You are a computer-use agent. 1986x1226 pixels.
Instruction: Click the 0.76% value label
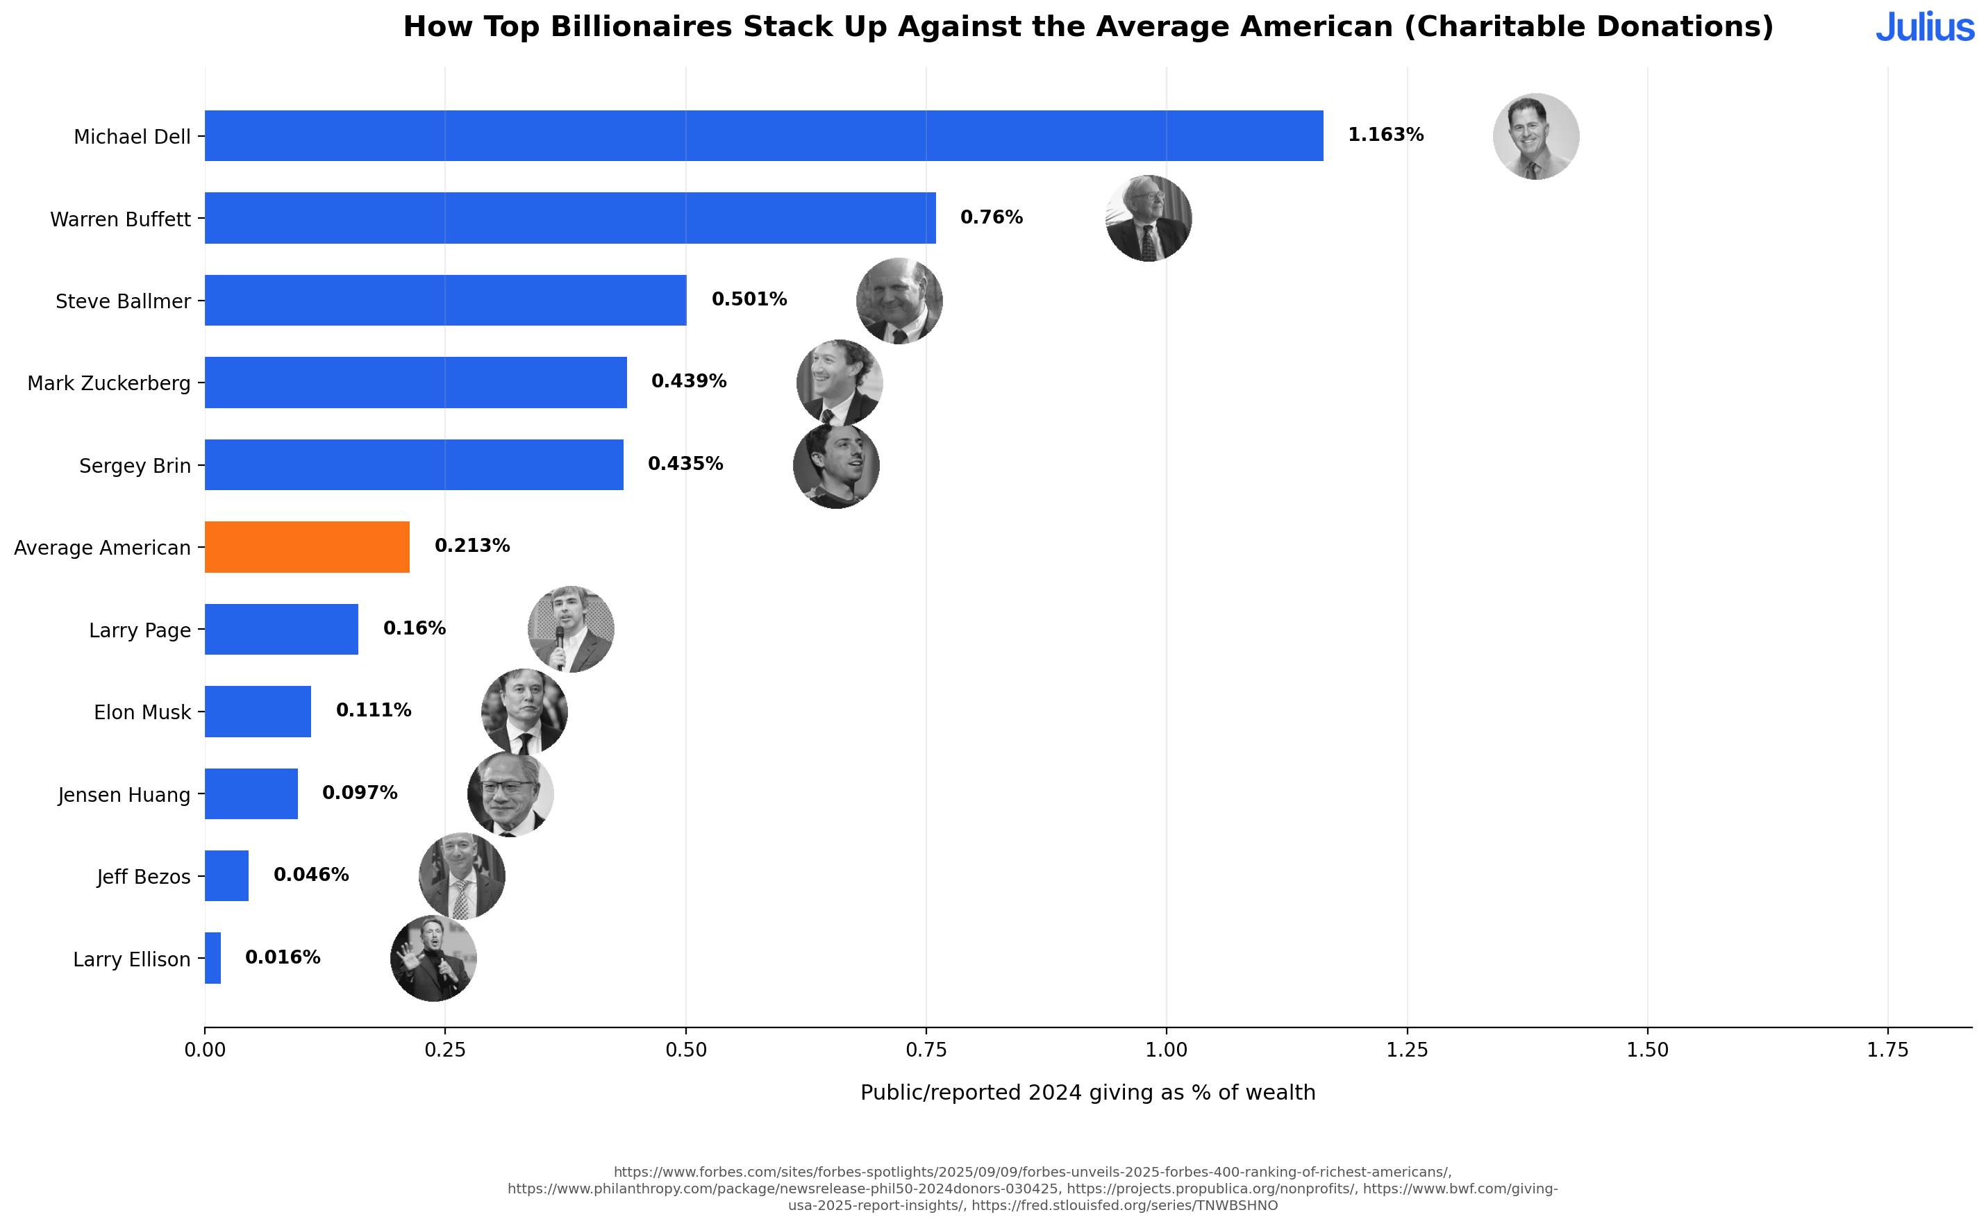click(x=991, y=217)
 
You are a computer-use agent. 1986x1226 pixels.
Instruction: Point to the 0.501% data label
click(x=749, y=299)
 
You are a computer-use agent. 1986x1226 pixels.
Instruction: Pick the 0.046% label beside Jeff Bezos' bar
click(x=310, y=874)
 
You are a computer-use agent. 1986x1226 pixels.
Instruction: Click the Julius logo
click(x=1924, y=28)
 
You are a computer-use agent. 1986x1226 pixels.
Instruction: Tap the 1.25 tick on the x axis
click(x=1406, y=1050)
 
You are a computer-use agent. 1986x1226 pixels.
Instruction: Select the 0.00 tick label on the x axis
click(x=204, y=1050)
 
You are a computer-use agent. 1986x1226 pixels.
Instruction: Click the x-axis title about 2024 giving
click(x=1087, y=1092)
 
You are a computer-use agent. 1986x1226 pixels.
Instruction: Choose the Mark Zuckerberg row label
click(x=108, y=383)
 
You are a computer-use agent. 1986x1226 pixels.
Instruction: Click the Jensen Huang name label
click(x=124, y=795)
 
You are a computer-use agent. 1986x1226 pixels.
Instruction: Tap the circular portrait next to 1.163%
click(x=1535, y=136)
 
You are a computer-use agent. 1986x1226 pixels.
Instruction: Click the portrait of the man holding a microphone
click(x=570, y=629)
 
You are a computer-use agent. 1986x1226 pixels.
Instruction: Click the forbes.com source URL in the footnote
click(x=1031, y=1172)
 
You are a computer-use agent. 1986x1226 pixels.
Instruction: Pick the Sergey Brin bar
click(x=414, y=464)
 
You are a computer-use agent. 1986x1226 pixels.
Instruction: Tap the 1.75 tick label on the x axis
click(x=1887, y=1050)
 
